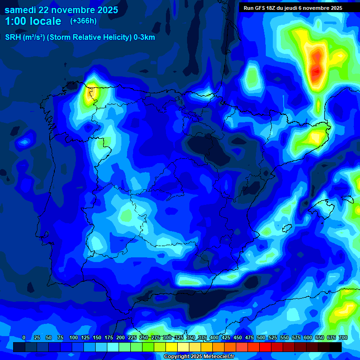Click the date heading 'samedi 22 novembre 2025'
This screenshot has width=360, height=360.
(61, 10)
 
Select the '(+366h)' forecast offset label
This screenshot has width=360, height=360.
(83, 21)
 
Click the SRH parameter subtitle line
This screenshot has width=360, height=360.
(80, 37)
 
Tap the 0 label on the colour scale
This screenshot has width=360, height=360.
(23, 338)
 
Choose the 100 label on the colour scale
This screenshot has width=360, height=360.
(74, 338)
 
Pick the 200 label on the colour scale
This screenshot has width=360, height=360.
(120, 338)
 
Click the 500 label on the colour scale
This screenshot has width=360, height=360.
(261, 338)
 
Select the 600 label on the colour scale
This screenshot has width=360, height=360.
(308, 338)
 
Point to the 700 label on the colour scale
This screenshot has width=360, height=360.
(343, 338)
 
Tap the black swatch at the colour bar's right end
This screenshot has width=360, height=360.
(336, 347)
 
